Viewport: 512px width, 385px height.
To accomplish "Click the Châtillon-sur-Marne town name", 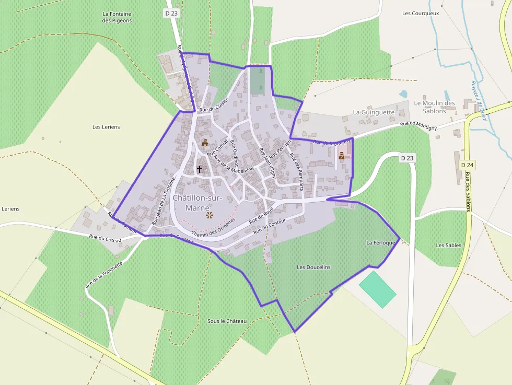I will point(198,203).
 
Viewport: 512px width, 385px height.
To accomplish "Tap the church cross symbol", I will point(199,169).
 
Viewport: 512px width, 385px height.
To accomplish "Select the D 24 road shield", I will point(468,165).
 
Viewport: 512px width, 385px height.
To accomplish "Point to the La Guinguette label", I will point(374,112).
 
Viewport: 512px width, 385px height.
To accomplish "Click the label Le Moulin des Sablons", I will point(434,107).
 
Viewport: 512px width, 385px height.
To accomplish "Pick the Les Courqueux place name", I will point(421,13).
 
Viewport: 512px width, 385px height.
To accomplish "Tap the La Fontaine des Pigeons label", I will point(117,17).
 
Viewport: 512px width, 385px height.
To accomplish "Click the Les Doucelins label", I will point(313,267).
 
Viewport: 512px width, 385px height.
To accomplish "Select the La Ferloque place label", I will point(382,243).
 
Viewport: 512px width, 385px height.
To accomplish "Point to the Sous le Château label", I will point(227,321).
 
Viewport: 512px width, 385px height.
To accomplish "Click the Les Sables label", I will point(449,245).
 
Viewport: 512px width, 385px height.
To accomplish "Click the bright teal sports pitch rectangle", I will point(377,289).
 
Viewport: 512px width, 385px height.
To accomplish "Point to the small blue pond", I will point(403,95).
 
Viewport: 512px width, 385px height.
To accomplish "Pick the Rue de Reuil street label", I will point(261,216).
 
